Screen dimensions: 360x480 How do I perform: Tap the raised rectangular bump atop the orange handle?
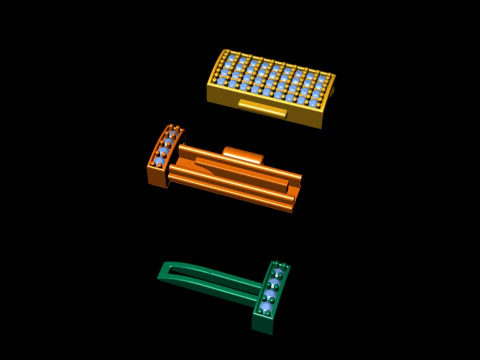[x=242, y=154]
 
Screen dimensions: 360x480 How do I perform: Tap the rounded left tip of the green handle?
[x=163, y=271]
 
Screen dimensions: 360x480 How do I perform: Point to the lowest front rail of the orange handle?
[x=230, y=195]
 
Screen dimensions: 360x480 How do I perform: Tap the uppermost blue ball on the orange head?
[x=171, y=134]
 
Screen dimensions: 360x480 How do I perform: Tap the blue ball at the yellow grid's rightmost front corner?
[x=313, y=103]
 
